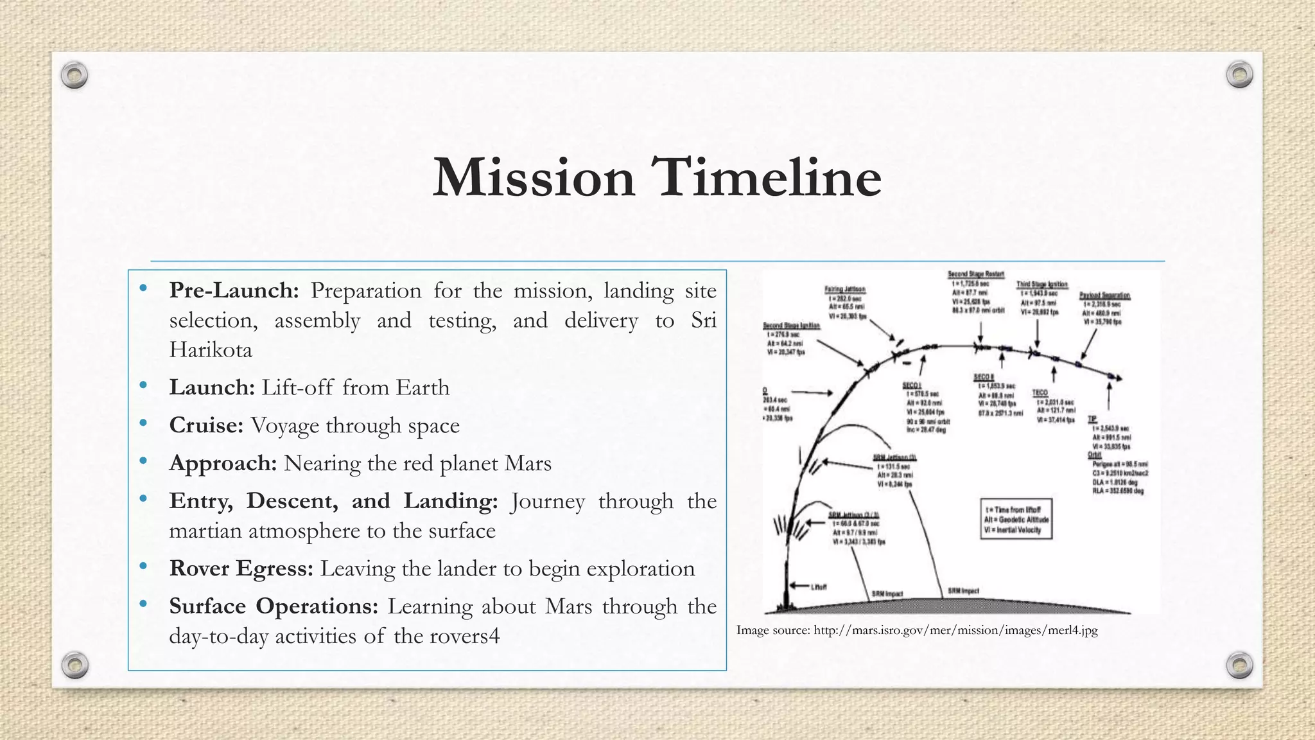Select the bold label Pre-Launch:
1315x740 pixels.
pyautogui.click(x=234, y=291)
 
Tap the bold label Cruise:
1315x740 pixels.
pyautogui.click(x=206, y=425)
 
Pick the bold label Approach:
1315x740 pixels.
pyautogui.click(x=223, y=463)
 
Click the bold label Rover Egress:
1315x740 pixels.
pyautogui.click(x=241, y=568)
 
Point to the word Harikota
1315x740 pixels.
pyautogui.click(x=211, y=350)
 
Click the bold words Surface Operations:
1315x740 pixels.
pyautogui.click(x=274, y=606)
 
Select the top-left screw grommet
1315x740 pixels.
pyautogui.click(x=74, y=75)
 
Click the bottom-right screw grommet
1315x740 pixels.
pyautogui.click(x=1239, y=665)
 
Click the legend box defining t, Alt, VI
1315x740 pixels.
pyautogui.click(x=1016, y=519)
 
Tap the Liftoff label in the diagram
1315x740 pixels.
pyautogui.click(x=819, y=586)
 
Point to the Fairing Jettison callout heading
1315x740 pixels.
pyautogui.click(x=845, y=289)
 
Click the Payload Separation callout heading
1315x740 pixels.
pyautogui.click(x=1104, y=295)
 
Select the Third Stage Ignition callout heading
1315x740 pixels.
pyautogui.click(x=1041, y=284)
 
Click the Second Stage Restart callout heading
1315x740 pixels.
pyautogui.click(x=975, y=274)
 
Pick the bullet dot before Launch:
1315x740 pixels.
pyautogui.click(x=143, y=386)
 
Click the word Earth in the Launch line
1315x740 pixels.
pyautogui.click(x=422, y=388)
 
